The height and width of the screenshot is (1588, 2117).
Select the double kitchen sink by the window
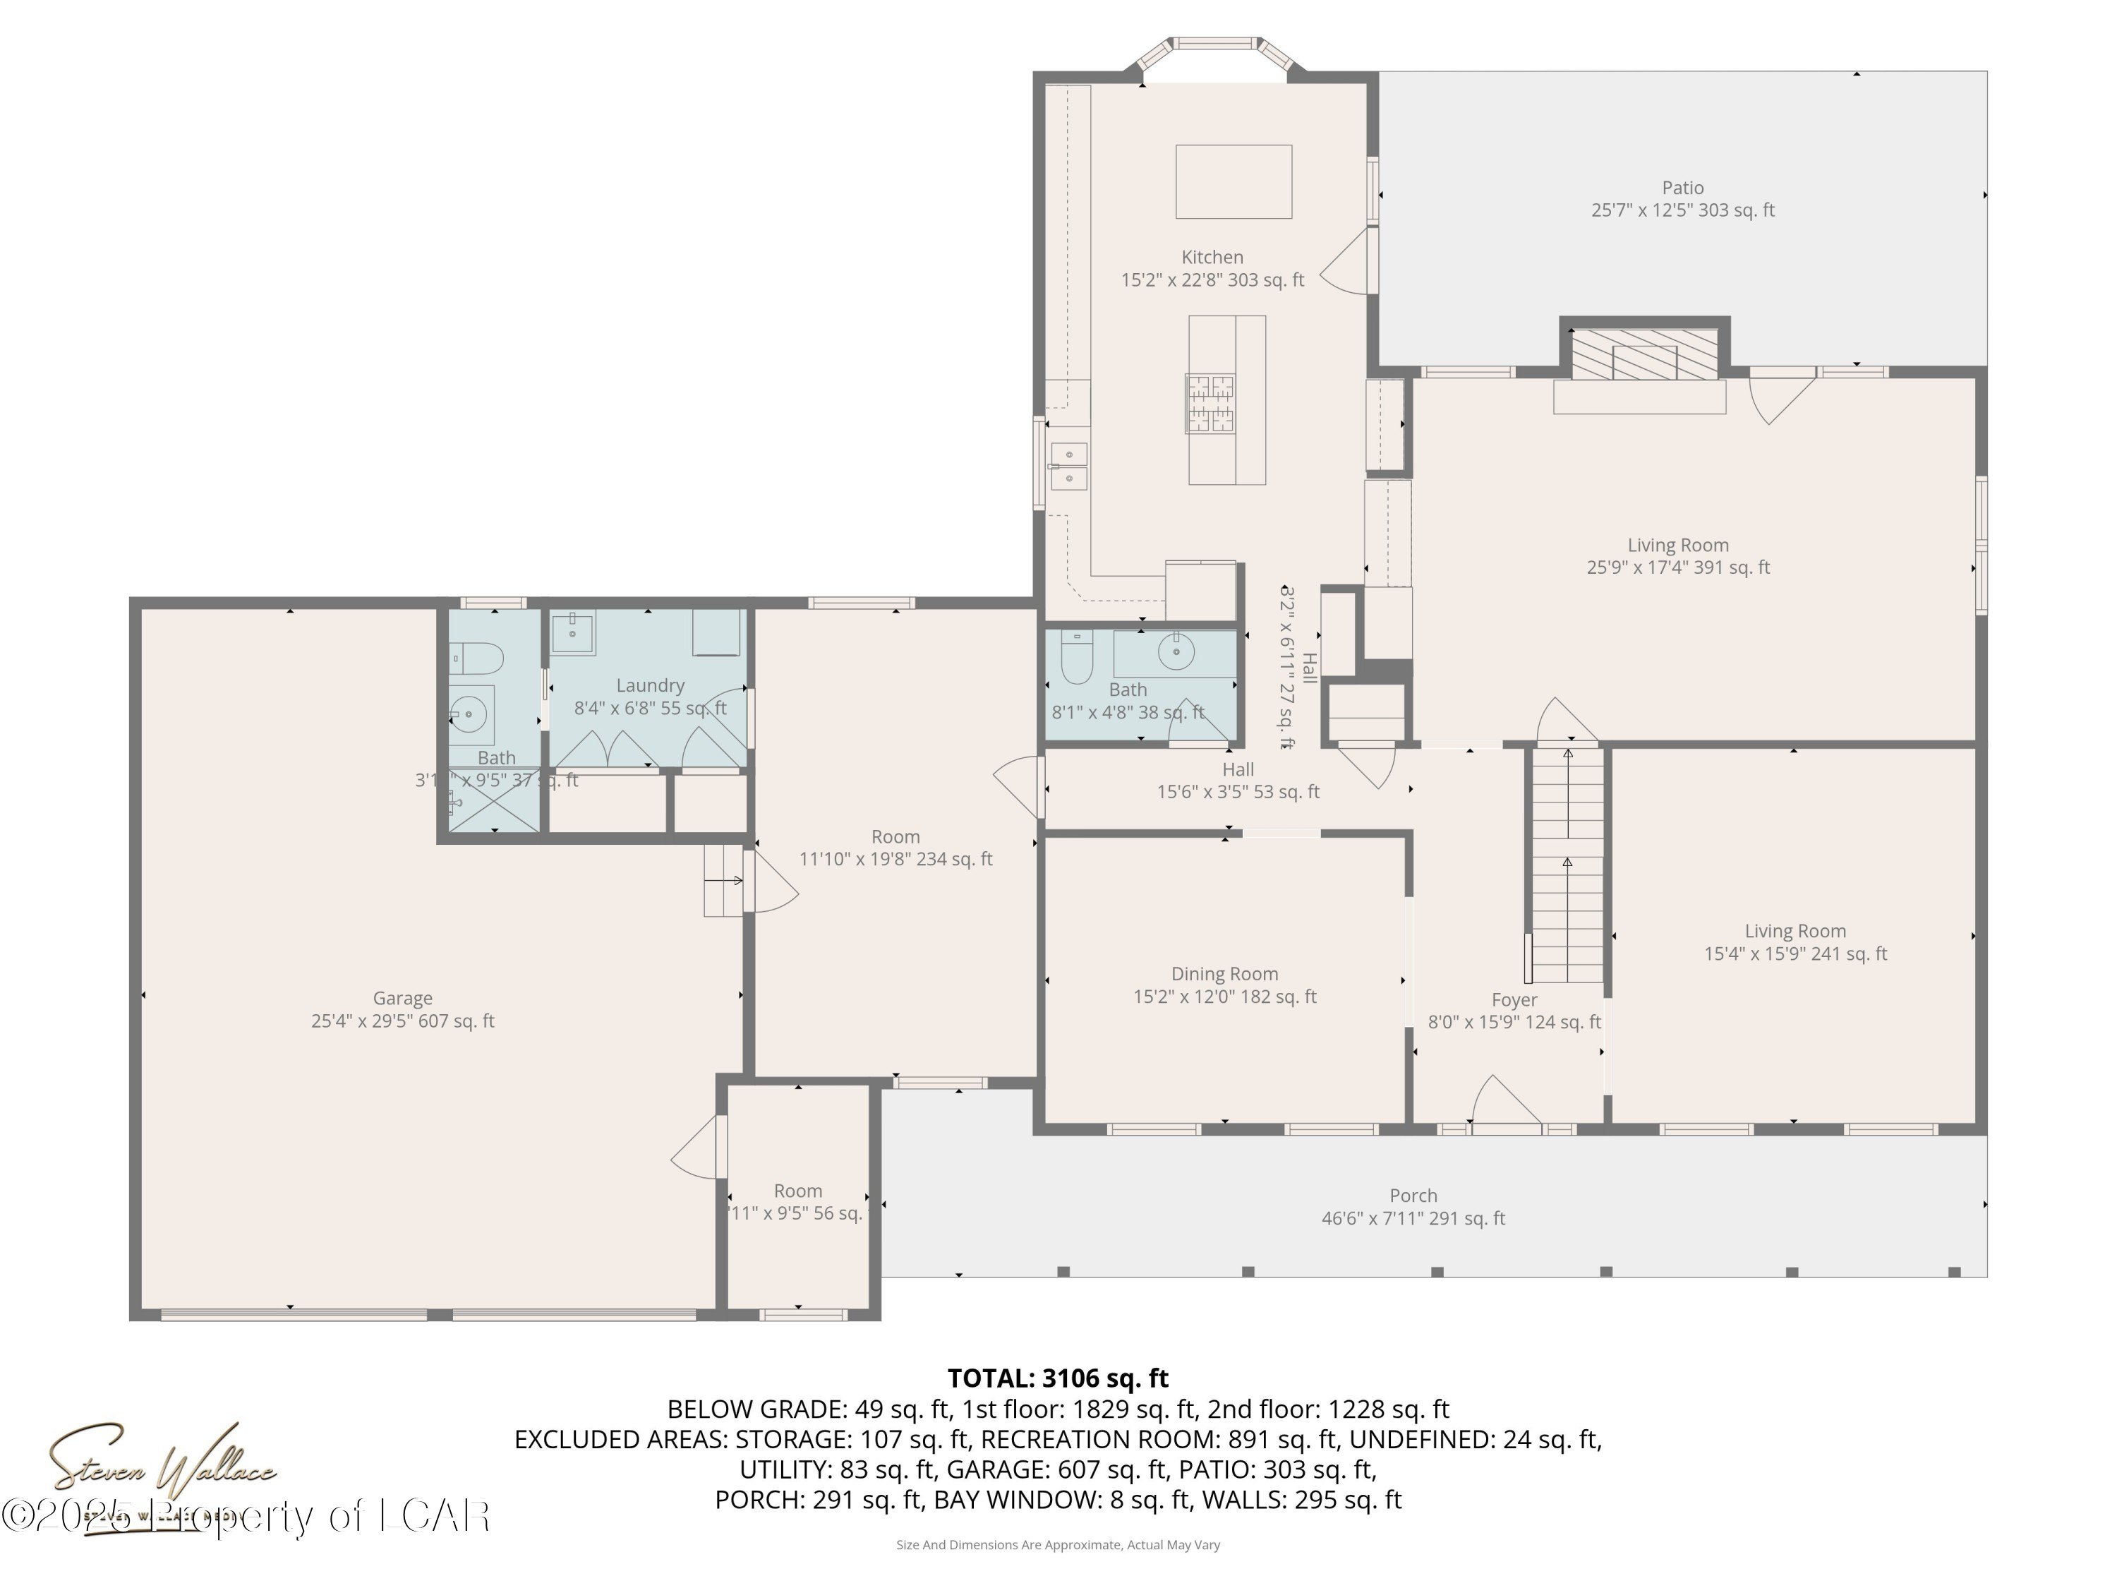point(1068,465)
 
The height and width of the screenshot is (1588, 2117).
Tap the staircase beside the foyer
point(1567,866)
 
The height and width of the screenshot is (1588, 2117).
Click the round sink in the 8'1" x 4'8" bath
point(1175,654)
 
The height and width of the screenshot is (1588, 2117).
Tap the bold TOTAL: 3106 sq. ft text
point(1058,1378)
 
